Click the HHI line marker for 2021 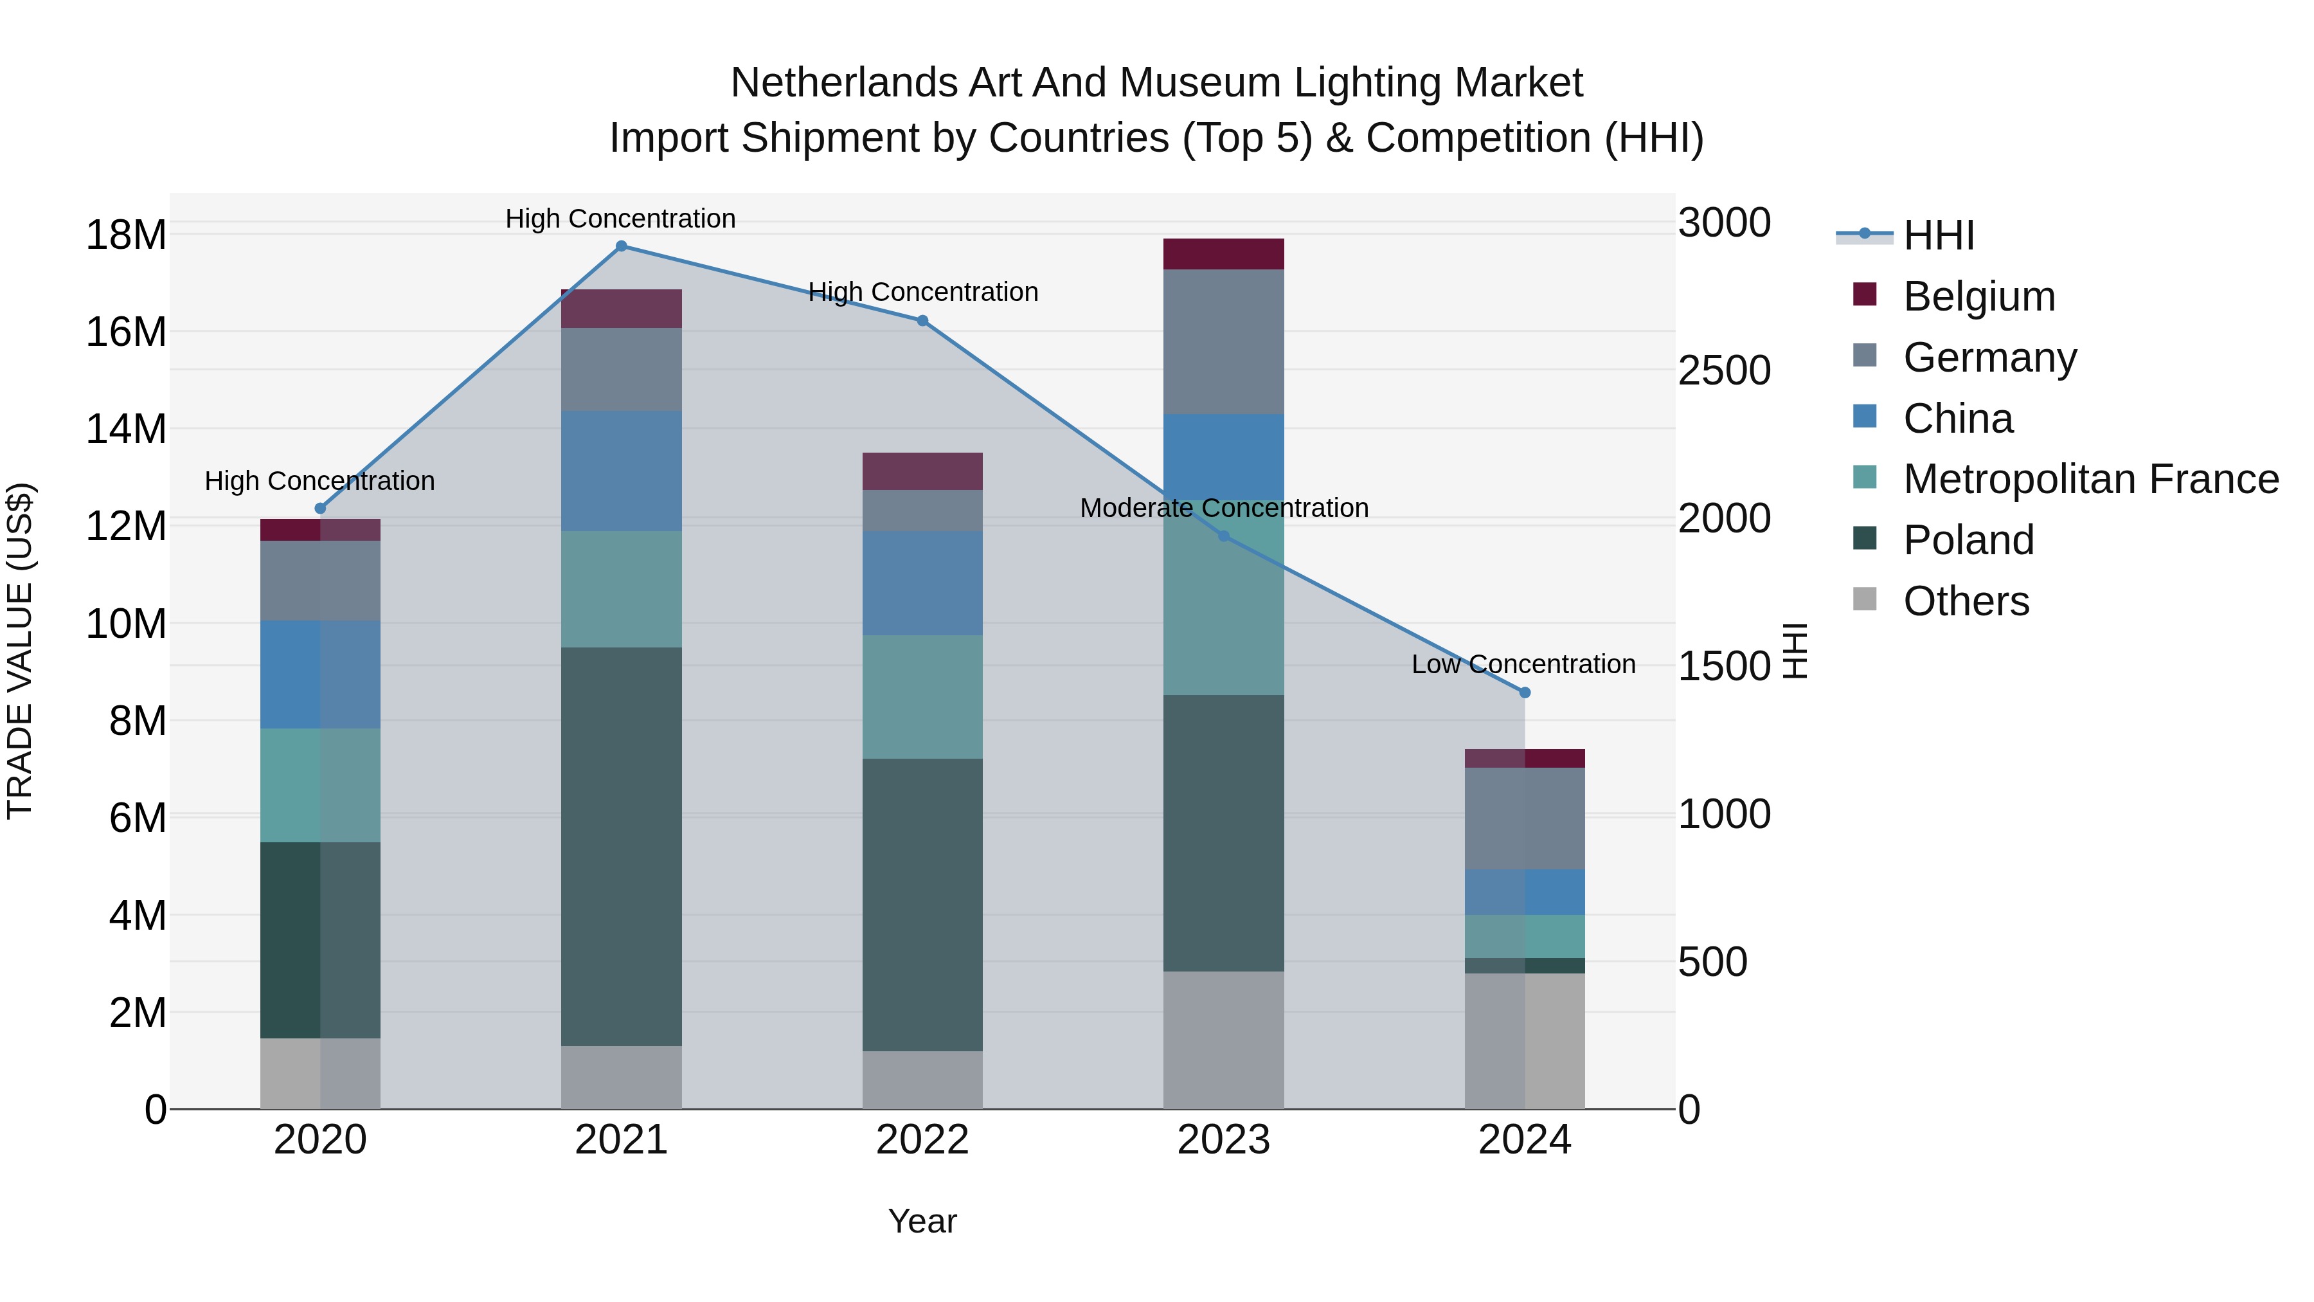pyautogui.click(x=621, y=246)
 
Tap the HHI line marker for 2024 pyautogui.click(x=1525, y=692)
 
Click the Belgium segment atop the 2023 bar pyautogui.click(x=1223, y=254)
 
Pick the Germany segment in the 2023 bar pyautogui.click(x=1223, y=341)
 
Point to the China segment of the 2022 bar pyautogui.click(x=922, y=583)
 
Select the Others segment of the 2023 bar pyautogui.click(x=1223, y=1040)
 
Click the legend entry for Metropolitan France pyautogui.click(x=2090, y=479)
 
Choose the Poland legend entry pyautogui.click(x=1968, y=540)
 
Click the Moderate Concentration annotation pyautogui.click(x=1223, y=509)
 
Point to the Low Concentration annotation pyautogui.click(x=1523, y=665)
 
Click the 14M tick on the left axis pyautogui.click(x=126, y=429)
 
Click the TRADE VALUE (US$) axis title pyautogui.click(x=20, y=651)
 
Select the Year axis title pyautogui.click(x=922, y=1221)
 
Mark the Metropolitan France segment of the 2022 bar pyautogui.click(x=922, y=697)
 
